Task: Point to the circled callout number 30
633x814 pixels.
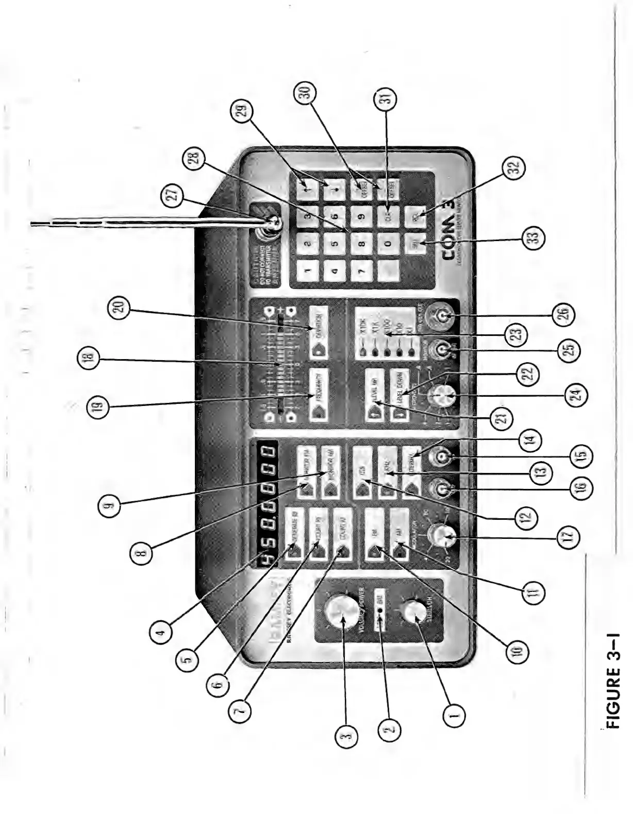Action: click(x=303, y=93)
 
